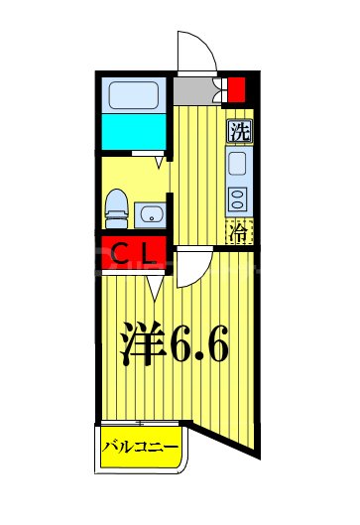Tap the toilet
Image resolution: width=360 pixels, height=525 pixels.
click(117, 204)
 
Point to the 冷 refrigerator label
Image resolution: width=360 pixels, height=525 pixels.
click(239, 233)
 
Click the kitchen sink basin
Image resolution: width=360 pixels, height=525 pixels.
click(239, 163)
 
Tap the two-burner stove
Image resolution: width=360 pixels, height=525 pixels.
click(239, 197)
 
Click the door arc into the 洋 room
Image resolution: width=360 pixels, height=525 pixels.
click(192, 265)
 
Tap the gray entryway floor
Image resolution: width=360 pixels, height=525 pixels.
click(195, 90)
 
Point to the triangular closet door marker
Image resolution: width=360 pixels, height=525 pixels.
click(154, 287)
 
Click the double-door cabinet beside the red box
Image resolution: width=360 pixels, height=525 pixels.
click(219, 90)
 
